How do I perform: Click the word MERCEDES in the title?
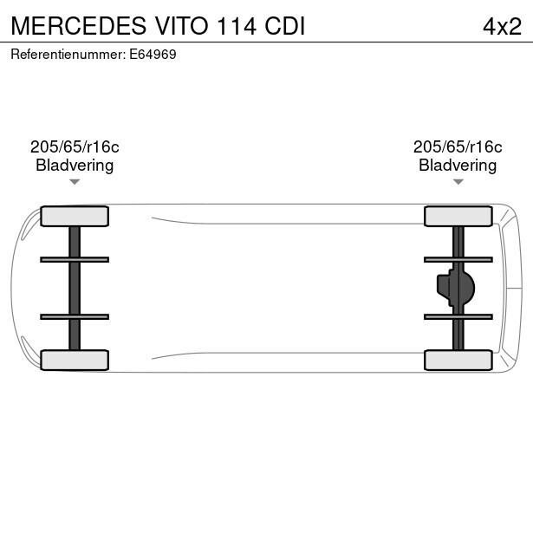coord(79,26)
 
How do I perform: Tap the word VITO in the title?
coord(182,26)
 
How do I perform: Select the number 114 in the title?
coord(237,26)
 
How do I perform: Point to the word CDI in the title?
coord(285,26)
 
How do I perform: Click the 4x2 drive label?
coord(502,26)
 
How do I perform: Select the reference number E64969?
coord(153,55)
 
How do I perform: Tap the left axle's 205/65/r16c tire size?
coord(75,146)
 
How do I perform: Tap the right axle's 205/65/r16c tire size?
coord(458,146)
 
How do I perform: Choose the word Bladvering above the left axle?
coord(75,166)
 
